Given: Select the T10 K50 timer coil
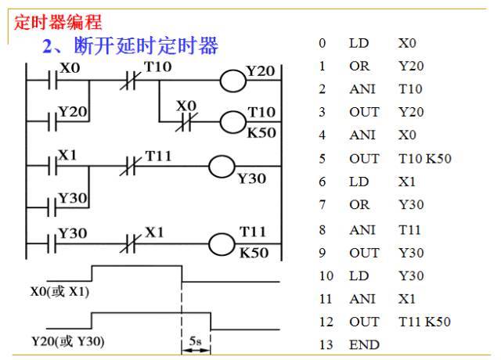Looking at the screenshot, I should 233,123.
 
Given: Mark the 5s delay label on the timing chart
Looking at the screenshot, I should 196,342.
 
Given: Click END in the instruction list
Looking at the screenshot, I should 364,344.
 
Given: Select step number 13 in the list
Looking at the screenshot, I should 326,344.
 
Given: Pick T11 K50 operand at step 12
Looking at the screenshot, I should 424,322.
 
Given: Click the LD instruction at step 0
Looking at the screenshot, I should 359,43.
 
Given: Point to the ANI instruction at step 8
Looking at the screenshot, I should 362,230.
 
